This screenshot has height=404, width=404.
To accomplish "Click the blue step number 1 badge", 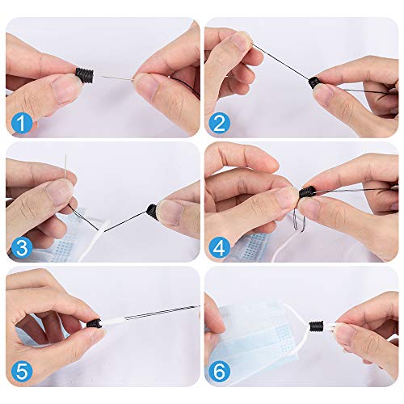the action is pyautogui.click(x=22, y=123).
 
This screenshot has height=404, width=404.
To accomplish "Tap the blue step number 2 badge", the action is pyautogui.click(x=219, y=123).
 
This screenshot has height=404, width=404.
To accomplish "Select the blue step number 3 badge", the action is pyautogui.click(x=22, y=247).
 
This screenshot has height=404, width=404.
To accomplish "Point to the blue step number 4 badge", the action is pyautogui.click(x=219, y=247).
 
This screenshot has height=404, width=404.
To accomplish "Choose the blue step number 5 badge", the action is pyautogui.click(x=22, y=372).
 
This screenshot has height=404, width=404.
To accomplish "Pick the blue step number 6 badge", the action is pyautogui.click(x=219, y=372).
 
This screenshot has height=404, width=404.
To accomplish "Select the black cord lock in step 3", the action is pyautogui.click(x=153, y=210).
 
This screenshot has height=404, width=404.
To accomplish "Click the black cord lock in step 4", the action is pyautogui.click(x=307, y=193).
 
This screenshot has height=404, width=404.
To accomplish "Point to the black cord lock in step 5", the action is pyautogui.click(x=94, y=322).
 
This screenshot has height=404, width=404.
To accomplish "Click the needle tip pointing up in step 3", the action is pyautogui.click(x=65, y=156).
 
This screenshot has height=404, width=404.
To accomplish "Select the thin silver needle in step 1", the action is pyautogui.click(x=117, y=78).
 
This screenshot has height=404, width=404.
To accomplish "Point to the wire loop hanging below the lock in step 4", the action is pyautogui.click(x=299, y=220).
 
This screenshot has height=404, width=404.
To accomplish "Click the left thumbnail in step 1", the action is pyautogui.click(x=64, y=88).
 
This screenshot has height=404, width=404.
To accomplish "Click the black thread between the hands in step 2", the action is pyautogui.click(x=280, y=61).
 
